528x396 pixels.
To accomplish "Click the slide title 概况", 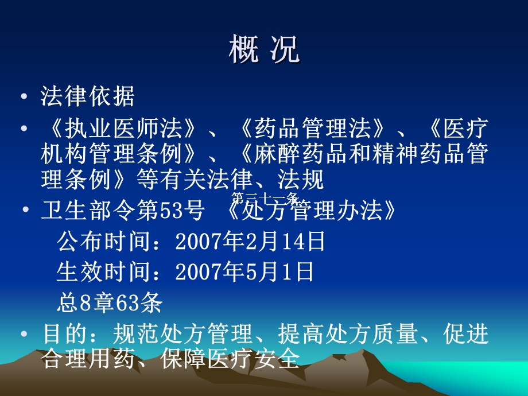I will point(263,50).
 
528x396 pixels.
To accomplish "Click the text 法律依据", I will point(87,96).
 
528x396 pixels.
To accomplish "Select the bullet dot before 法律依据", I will point(23,96).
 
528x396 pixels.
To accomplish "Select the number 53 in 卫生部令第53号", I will point(181,212).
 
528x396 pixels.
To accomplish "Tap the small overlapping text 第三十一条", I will point(264,199).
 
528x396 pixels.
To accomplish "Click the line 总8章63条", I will point(109,302).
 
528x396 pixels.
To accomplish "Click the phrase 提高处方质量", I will point(347,334).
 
